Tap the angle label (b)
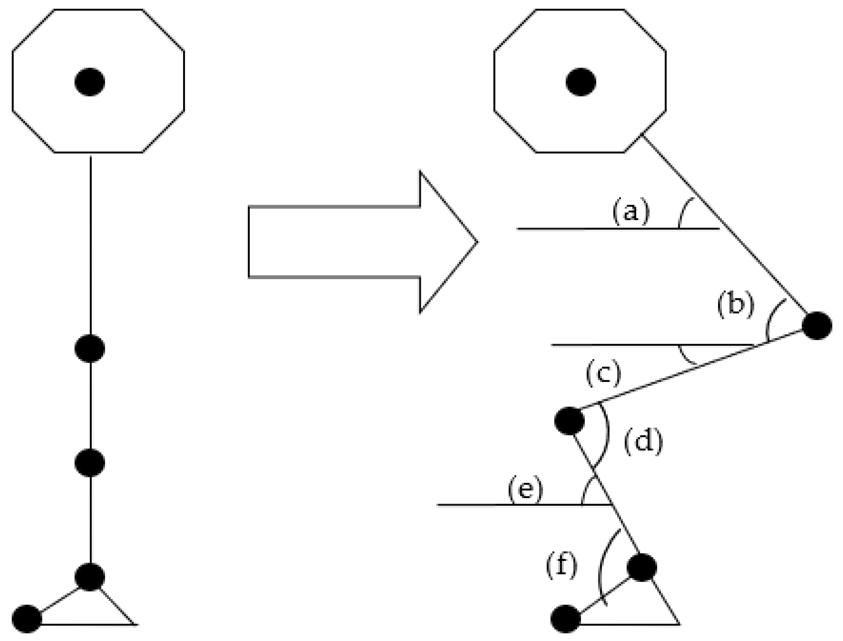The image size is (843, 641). pyautogui.click(x=736, y=305)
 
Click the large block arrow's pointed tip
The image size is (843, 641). pyautogui.click(x=477, y=242)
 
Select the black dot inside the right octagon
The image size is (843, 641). pyautogui.click(x=580, y=82)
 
